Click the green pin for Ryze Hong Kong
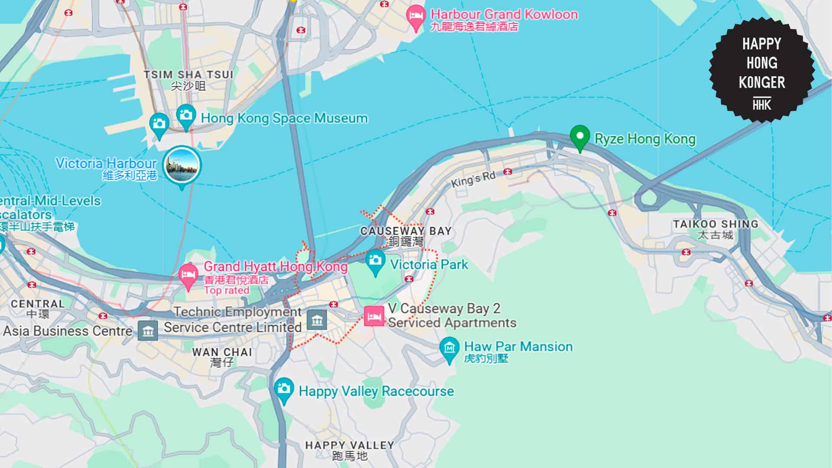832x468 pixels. tap(579, 137)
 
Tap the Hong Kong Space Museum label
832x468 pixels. tap(284, 118)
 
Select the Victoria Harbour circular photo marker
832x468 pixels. tap(182, 165)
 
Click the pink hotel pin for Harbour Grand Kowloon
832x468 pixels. tap(416, 16)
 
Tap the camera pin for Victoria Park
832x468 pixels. tap(375, 261)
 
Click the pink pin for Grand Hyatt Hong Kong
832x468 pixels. tap(188, 275)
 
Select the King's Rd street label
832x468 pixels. tap(473, 179)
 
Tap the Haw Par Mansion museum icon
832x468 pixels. tap(449, 348)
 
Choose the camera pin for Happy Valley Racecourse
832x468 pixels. tap(284, 389)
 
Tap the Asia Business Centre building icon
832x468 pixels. tap(148, 331)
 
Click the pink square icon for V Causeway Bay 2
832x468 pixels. tap(374, 316)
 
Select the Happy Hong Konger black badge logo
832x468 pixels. tap(761, 69)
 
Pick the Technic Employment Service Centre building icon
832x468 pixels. tap(317, 320)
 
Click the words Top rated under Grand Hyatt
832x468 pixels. tap(226, 290)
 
